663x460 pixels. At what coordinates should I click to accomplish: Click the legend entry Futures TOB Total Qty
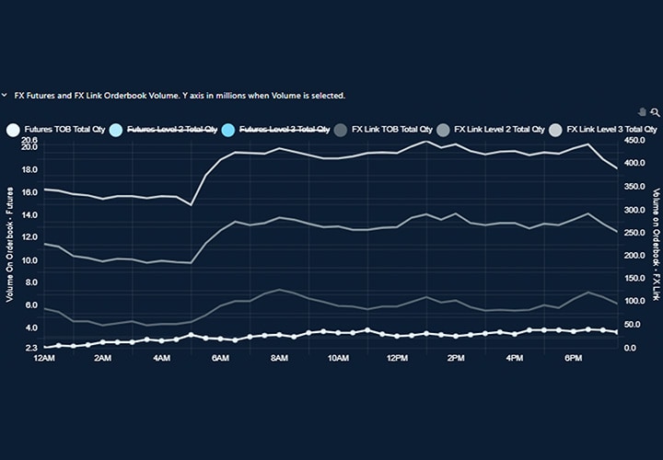(56, 131)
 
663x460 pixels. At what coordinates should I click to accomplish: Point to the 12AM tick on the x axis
(43, 358)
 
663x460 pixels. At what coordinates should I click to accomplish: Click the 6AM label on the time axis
(220, 358)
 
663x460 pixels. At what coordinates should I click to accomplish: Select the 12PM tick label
(397, 358)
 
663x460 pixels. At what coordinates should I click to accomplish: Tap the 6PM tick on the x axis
(574, 358)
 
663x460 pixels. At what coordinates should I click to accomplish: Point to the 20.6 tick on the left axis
(29, 140)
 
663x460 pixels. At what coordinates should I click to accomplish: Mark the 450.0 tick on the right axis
(635, 141)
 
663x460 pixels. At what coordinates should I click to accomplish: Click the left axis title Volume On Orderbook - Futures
(9, 244)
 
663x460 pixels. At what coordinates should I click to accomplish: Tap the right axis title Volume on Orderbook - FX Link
(656, 244)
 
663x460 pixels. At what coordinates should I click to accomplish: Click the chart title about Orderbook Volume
(180, 95)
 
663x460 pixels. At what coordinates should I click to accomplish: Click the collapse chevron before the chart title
(5, 95)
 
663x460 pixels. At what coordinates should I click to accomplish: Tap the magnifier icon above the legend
(655, 112)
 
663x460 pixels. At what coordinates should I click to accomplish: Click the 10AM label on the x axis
(338, 358)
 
